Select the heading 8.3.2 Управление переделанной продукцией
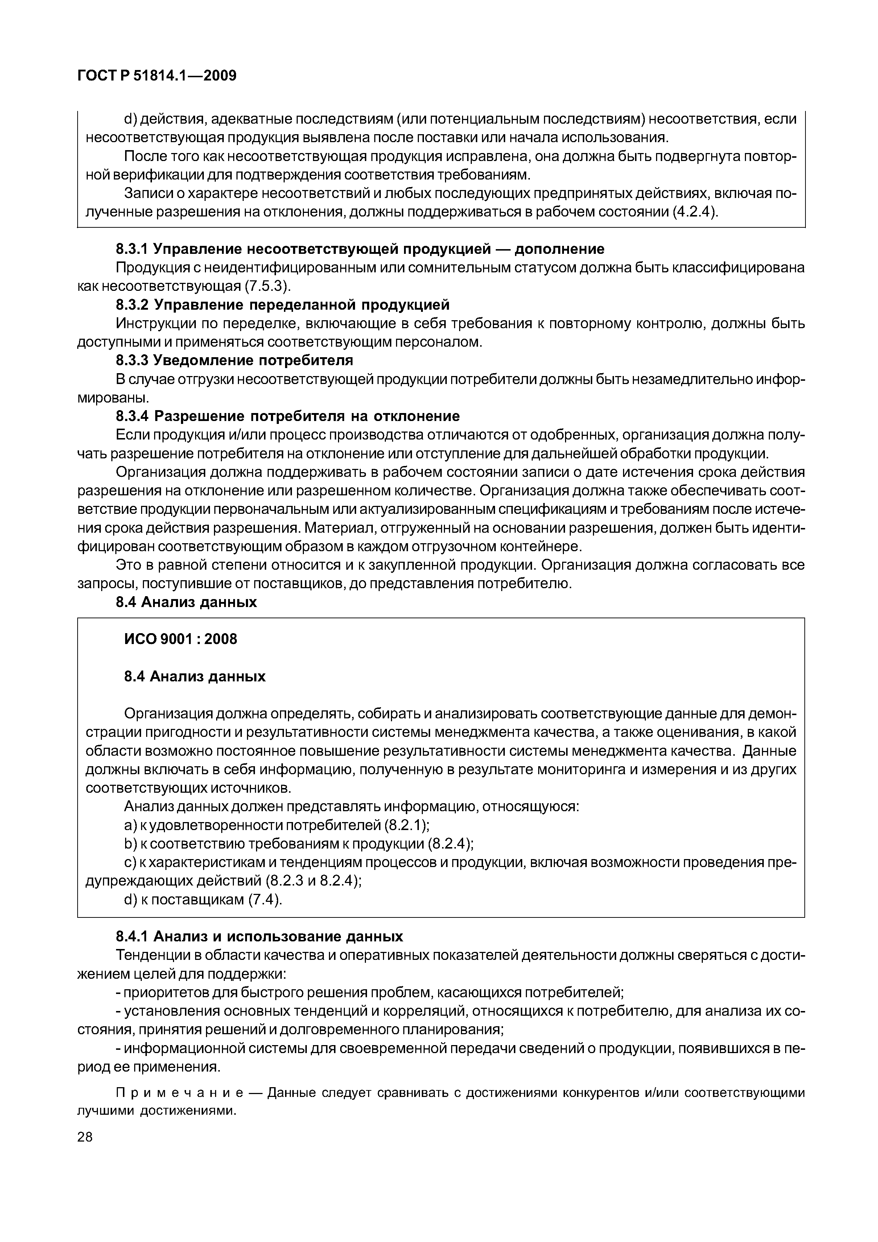283,305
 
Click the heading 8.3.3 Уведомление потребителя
234,360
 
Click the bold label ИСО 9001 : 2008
181,639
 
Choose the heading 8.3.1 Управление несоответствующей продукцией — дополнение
360,249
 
